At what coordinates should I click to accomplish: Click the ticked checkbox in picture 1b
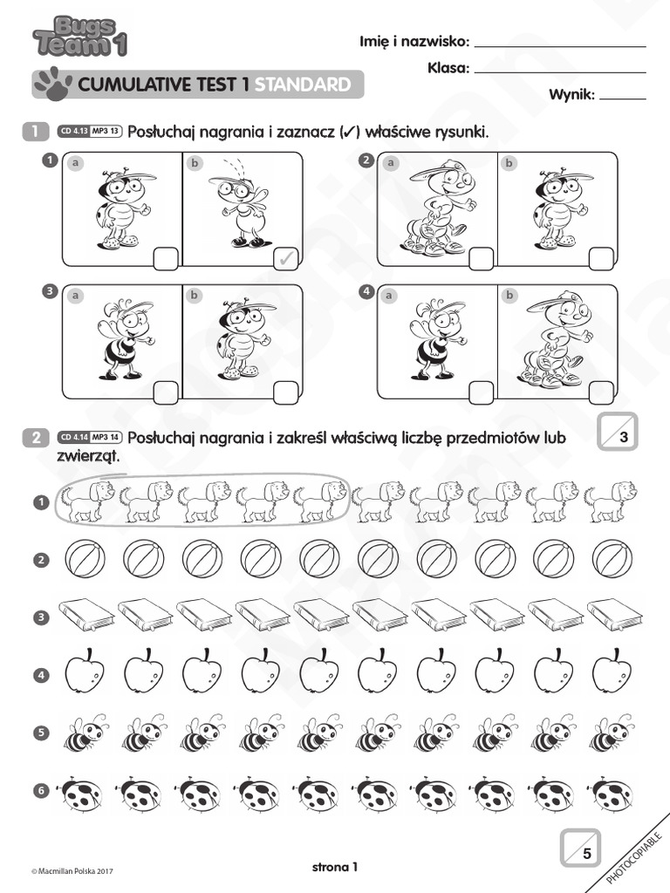(x=285, y=258)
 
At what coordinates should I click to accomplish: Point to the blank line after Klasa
(x=560, y=72)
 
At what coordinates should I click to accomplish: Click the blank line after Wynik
(x=623, y=99)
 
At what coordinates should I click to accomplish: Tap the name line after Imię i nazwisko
(x=560, y=45)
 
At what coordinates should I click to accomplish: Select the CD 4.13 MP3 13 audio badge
(x=90, y=132)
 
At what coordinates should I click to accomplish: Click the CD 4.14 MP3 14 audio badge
(x=90, y=438)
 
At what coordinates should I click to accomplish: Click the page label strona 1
(x=335, y=867)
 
